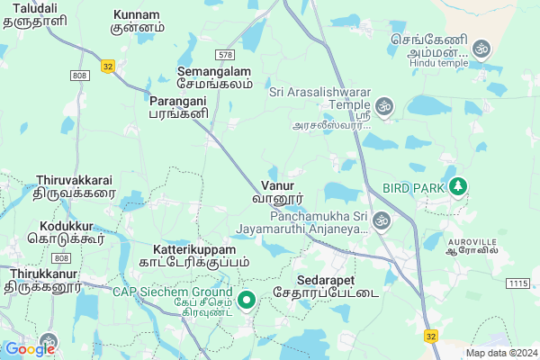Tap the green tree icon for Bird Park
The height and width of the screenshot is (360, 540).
click(x=459, y=186)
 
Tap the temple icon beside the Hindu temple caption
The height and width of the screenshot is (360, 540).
click(x=481, y=48)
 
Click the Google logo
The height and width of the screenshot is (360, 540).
click(x=30, y=349)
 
